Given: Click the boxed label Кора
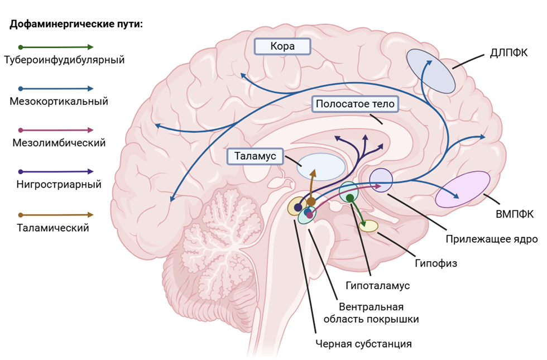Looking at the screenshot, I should tap(282, 46).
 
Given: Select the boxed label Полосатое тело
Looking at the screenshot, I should tap(354, 104).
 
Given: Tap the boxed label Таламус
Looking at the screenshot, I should tap(256, 156).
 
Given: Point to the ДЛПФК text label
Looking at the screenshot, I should tap(508, 52).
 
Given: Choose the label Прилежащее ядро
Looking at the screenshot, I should tap(491, 239).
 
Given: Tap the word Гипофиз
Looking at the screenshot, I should tap(436, 263).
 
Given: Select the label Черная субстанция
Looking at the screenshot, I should tap(363, 344).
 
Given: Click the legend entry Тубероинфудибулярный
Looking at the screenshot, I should tap(64, 60).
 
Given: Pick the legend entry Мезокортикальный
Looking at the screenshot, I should tap(59, 102).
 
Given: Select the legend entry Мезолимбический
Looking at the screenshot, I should tap(59, 143).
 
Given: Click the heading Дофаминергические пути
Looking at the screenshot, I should tap(76, 25).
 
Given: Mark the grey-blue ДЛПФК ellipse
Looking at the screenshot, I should tap(430, 70).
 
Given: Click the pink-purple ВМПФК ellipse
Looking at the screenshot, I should tap(463, 189).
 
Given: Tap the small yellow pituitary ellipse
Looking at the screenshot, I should tap(368, 225).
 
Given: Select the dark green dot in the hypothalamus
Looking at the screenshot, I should tap(350, 198).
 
